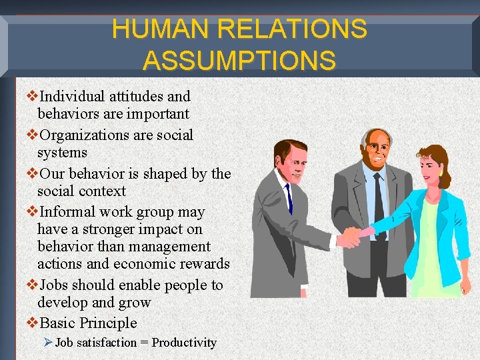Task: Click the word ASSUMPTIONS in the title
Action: pyautogui.click(x=239, y=60)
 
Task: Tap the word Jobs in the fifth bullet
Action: pyautogui.click(x=55, y=285)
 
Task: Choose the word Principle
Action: pyautogui.click(x=109, y=323)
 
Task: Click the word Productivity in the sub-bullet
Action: pyautogui.click(x=184, y=343)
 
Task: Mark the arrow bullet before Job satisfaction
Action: pyautogui.click(x=47, y=343)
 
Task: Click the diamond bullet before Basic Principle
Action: pyautogui.click(x=31, y=323)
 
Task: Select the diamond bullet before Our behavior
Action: pyautogui.click(x=31, y=174)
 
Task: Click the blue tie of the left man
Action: pyautogui.click(x=289, y=197)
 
